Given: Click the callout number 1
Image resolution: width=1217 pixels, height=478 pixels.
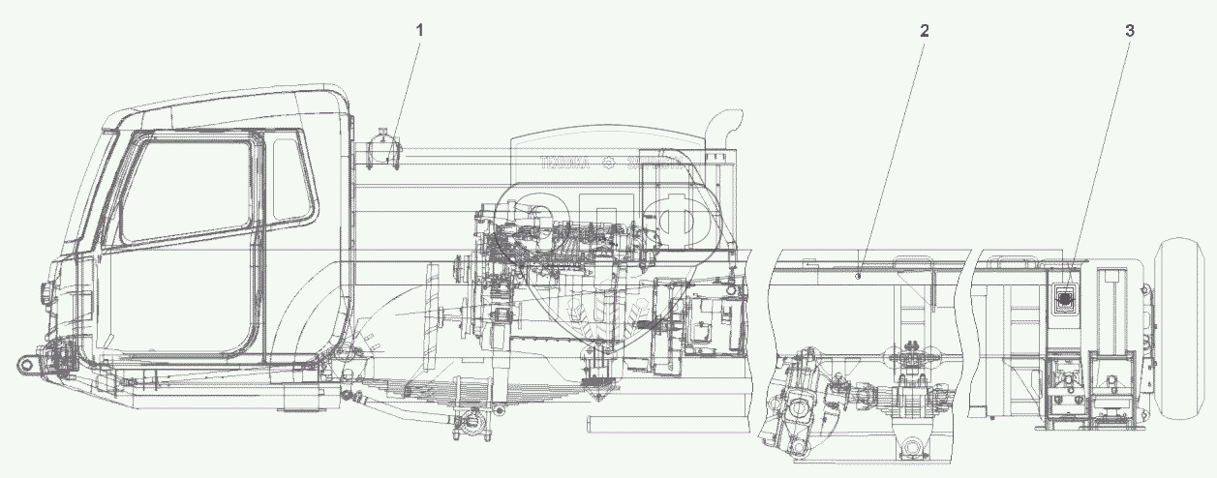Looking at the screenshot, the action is pos(419,30).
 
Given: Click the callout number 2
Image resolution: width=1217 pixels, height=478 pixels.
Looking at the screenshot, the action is pos(925,30).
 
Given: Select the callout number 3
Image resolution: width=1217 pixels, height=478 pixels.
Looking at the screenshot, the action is pos(1130,30).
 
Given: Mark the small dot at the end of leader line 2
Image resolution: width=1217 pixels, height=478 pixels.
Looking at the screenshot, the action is pos(859,277).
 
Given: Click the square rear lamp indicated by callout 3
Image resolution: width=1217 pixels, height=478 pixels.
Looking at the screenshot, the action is pos(1065,301).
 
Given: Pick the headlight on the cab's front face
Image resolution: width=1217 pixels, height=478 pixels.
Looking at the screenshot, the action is pos(44,290).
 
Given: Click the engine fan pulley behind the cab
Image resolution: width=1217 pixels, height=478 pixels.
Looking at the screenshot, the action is pos(463,272).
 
